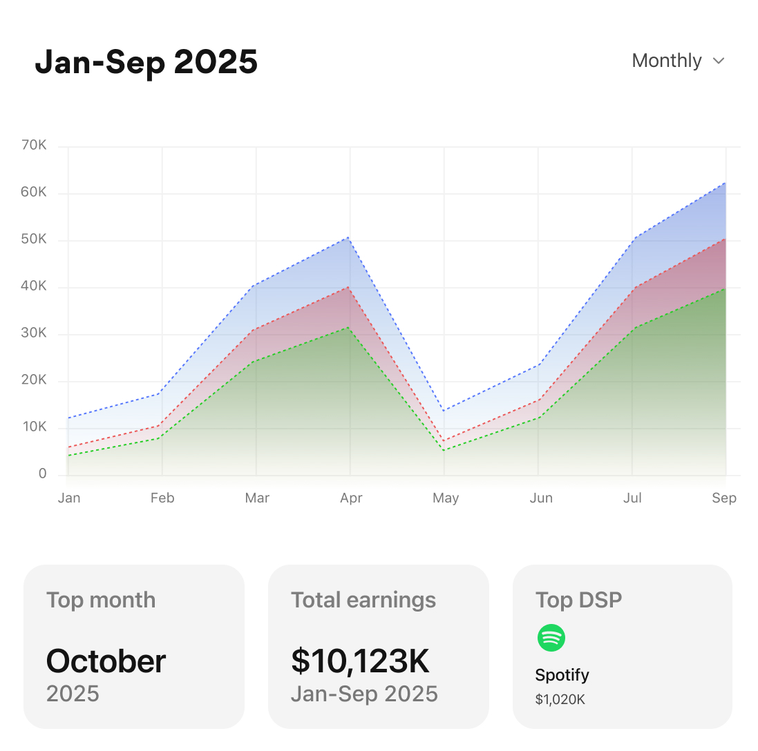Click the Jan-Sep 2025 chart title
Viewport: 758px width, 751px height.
pos(146,62)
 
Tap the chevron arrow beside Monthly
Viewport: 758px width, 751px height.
pos(719,61)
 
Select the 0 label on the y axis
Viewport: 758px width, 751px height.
pos(42,474)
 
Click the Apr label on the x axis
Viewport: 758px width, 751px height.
pos(351,498)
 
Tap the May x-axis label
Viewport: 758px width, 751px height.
pos(445,498)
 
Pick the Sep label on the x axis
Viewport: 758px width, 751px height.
pos(724,498)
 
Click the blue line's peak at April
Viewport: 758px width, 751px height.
pos(350,237)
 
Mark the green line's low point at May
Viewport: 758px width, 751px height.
pos(444,450)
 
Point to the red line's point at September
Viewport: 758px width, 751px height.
pos(725,240)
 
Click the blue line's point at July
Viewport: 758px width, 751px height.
pos(632,239)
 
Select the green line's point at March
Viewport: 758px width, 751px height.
pos(256,361)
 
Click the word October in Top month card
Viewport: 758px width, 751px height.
pos(106,661)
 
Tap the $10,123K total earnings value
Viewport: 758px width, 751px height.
pos(360,661)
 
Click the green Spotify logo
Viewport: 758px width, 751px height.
pos(551,638)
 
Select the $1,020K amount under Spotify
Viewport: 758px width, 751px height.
pos(560,699)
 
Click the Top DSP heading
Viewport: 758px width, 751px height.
pos(578,600)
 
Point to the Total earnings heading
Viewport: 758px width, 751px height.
pos(363,600)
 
